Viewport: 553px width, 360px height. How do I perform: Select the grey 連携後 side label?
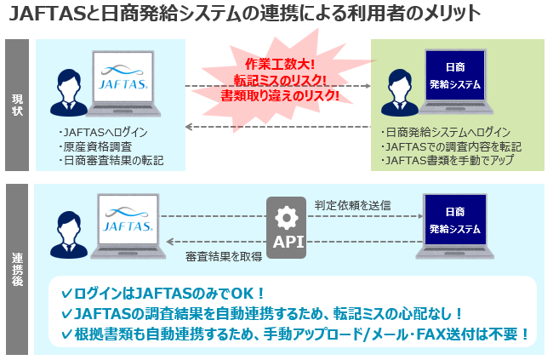point(17,268)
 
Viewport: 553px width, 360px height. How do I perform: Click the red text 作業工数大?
point(280,65)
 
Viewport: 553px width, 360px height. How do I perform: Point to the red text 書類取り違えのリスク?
point(280,95)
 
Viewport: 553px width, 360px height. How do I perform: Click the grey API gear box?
point(287,226)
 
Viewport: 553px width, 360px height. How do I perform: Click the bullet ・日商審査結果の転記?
point(111,159)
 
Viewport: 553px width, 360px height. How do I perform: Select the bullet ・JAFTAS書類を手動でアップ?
point(448,159)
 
